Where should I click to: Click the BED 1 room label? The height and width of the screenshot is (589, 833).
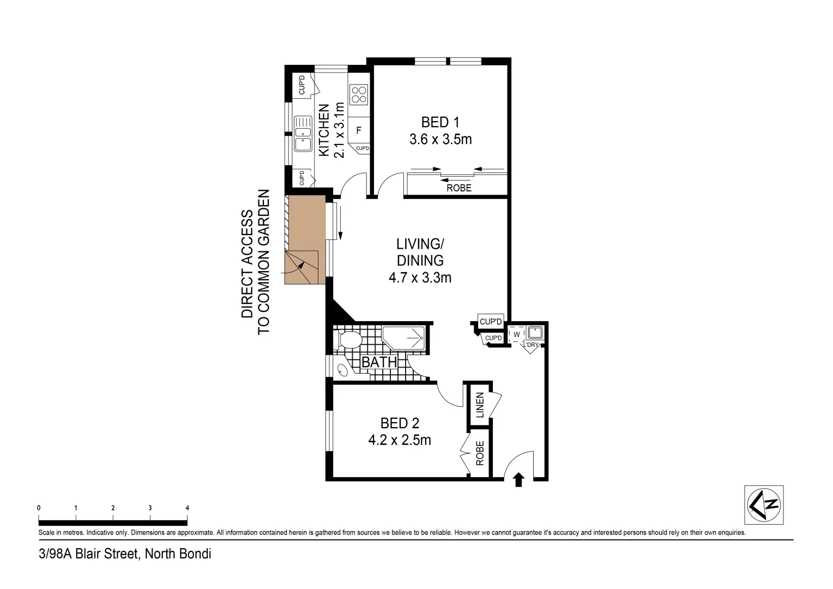440,122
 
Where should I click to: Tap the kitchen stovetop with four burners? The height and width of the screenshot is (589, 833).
358,95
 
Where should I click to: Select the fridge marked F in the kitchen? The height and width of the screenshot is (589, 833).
358,130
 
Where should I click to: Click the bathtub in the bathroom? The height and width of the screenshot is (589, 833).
403,338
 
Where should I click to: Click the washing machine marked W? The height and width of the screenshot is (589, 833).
516,334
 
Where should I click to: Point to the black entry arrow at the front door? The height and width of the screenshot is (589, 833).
518,479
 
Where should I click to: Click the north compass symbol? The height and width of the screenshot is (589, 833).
764,504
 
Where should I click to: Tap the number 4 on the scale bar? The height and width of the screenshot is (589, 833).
187,508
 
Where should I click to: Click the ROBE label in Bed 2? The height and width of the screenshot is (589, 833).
480,453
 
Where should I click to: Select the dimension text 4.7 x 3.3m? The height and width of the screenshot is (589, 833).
420,278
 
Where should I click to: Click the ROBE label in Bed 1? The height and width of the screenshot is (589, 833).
458,188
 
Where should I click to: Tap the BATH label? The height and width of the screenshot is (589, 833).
379,362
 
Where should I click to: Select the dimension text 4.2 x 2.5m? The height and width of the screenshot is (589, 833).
399,440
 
